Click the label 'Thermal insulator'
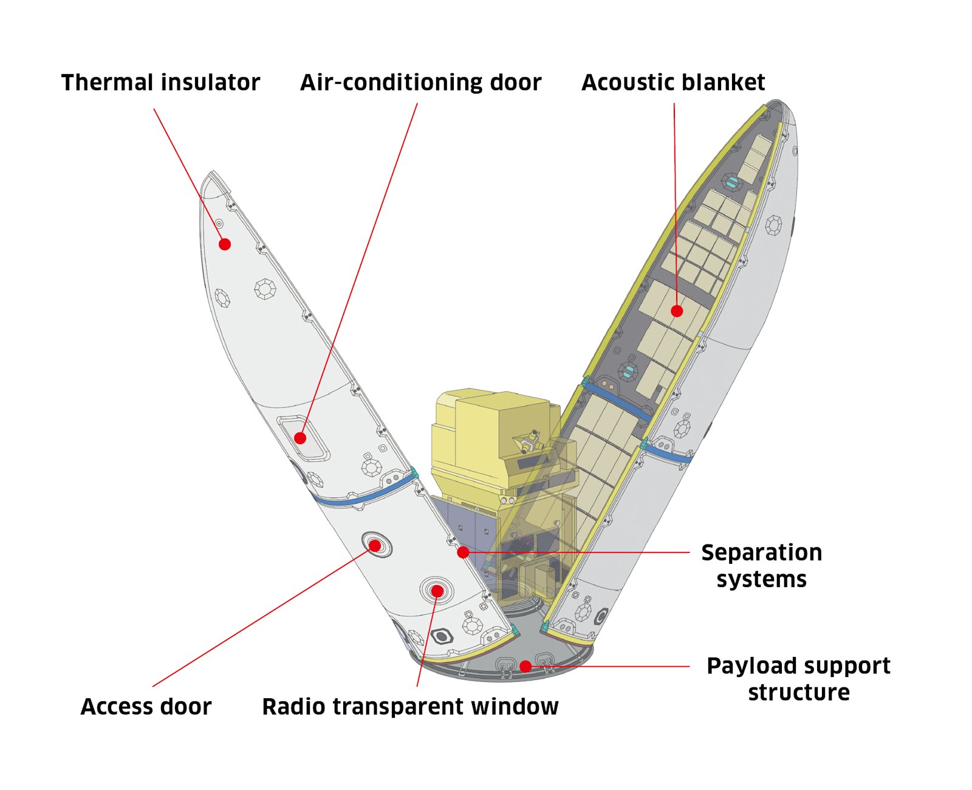[160, 83]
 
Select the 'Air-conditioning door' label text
[420, 83]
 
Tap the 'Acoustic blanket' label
[673, 83]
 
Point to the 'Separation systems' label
[761, 565]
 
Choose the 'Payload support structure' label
[798, 679]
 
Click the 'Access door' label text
[146, 707]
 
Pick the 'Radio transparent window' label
[410, 707]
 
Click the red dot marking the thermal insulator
[225, 244]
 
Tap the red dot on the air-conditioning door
[300, 438]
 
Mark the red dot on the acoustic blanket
[677, 311]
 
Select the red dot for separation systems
[463, 552]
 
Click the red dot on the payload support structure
[526, 666]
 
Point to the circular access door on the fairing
[375, 545]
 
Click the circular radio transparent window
[437, 591]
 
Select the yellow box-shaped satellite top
[492, 425]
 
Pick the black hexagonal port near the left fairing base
[442, 636]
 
